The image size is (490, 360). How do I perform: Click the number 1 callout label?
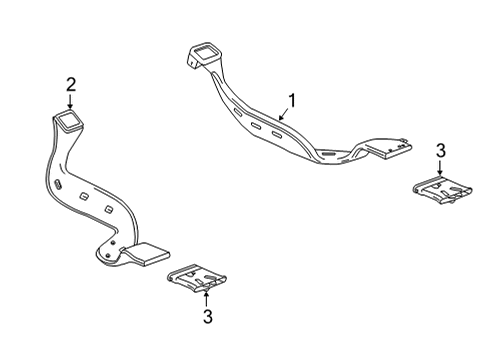click(x=292, y=101)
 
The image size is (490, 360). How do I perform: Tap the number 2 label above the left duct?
click(x=70, y=84)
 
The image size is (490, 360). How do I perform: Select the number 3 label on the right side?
click(x=441, y=150)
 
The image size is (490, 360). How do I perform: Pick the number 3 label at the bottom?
click(x=207, y=317)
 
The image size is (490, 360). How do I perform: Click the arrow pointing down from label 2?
click(x=70, y=100)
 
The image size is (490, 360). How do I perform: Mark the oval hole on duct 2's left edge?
click(x=57, y=188)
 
